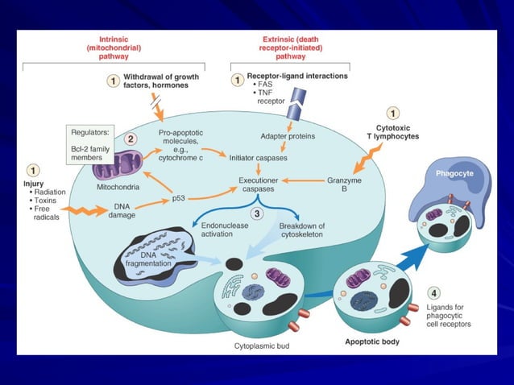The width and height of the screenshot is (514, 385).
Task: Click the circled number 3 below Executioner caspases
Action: click(255, 213)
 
